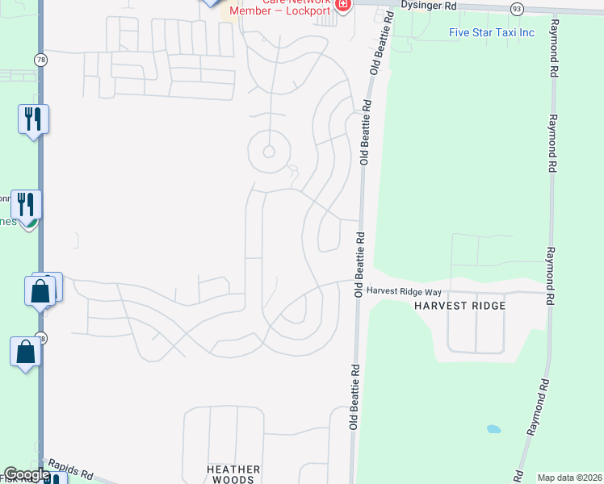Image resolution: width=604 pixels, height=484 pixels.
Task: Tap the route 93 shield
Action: click(516, 7)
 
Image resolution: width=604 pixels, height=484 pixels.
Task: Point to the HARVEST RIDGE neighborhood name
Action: click(459, 306)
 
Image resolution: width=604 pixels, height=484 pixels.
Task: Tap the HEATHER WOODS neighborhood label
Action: click(233, 474)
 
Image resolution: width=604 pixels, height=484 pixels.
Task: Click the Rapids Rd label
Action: click(71, 468)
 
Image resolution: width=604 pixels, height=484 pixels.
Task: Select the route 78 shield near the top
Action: click(40, 60)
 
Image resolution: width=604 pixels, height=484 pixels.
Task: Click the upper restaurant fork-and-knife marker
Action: click(33, 119)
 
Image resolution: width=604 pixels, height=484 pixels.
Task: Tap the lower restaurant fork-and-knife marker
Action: click(27, 204)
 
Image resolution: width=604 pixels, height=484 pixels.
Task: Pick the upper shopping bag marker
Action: click(40, 290)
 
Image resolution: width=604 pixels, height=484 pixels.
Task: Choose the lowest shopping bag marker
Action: click(25, 352)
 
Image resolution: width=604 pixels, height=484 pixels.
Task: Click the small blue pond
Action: click(493, 428)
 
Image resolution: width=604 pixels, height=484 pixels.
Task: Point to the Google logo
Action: click(27, 474)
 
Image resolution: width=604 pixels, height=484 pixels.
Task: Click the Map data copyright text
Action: click(569, 478)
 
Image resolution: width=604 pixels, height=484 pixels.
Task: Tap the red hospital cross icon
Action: click(343, 5)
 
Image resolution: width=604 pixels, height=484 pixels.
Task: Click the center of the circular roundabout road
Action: click(269, 151)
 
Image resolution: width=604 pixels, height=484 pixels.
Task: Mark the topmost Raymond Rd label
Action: click(553, 48)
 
